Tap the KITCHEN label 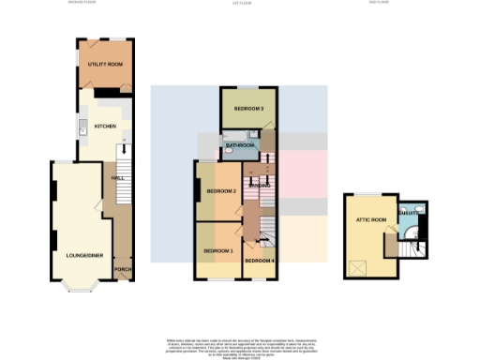tap(105, 124)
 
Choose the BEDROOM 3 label tap(249, 110)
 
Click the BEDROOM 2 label tap(221, 191)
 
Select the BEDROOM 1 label tap(217, 251)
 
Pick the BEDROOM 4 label tap(260, 259)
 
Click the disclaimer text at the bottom tap(240, 344)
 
